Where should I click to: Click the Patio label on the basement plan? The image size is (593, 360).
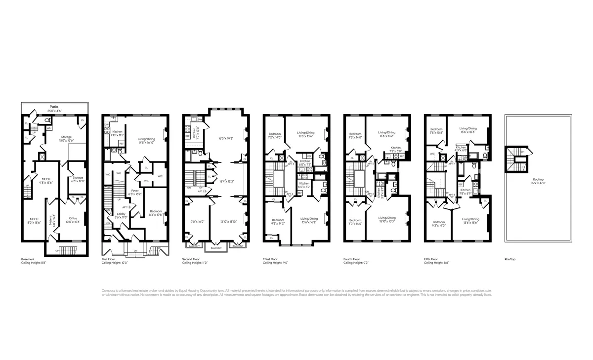[54, 107]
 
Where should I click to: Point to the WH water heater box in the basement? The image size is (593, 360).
[49, 128]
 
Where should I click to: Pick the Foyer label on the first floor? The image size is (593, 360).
[134, 191]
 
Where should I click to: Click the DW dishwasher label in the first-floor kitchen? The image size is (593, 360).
[106, 125]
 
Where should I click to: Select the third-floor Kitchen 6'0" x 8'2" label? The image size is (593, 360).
[304, 185]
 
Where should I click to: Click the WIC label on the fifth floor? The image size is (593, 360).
[432, 154]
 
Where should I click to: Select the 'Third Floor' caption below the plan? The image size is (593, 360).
[270, 259]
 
